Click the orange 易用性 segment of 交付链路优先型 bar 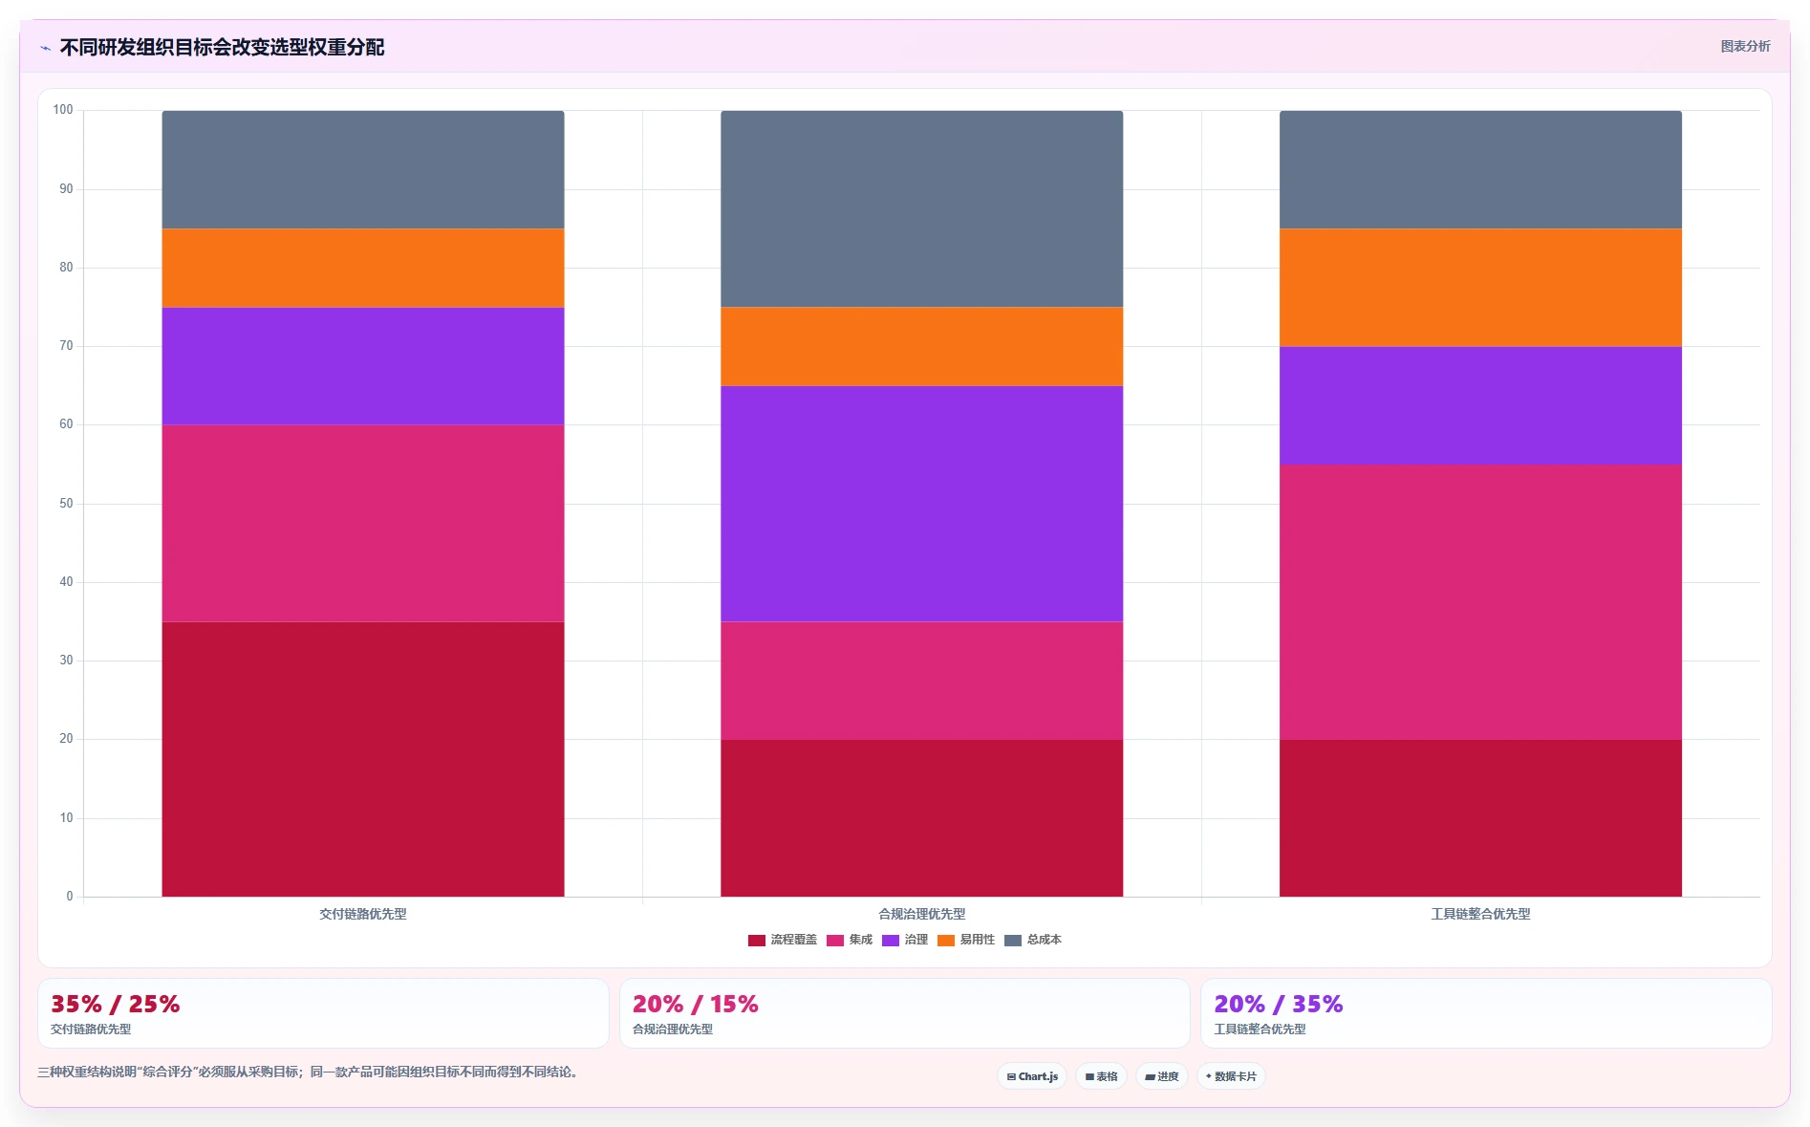pyautogui.click(x=363, y=268)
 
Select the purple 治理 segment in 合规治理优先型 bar pyautogui.click(x=921, y=504)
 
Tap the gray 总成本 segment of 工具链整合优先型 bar pyautogui.click(x=1480, y=169)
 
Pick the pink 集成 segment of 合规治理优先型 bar pyautogui.click(x=921, y=681)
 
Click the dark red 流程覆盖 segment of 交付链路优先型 pyautogui.click(x=363, y=759)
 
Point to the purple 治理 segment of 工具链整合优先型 pyautogui.click(x=1480, y=405)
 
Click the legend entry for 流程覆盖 pyautogui.click(x=783, y=940)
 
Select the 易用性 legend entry pyautogui.click(x=966, y=940)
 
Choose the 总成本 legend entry pyautogui.click(x=1033, y=940)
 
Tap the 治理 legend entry pyautogui.click(x=905, y=940)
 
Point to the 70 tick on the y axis pyautogui.click(x=66, y=346)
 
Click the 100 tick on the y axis pyautogui.click(x=63, y=110)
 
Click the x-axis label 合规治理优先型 pyautogui.click(x=921, y=914)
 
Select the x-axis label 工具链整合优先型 pyautogui.click(x=1480, y=914)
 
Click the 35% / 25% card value pyautogui.click(x=115, y=1004)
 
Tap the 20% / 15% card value pyautogui.click(x=695, y=1004)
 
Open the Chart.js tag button pyautogui.click(x=1032, y=1076)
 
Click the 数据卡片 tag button pyautogui.click(x=1231, y=1076)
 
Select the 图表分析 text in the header pyautogui.click(x=1745, y=46)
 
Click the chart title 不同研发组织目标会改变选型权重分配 pyautogui.click(x=222, y=47)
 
